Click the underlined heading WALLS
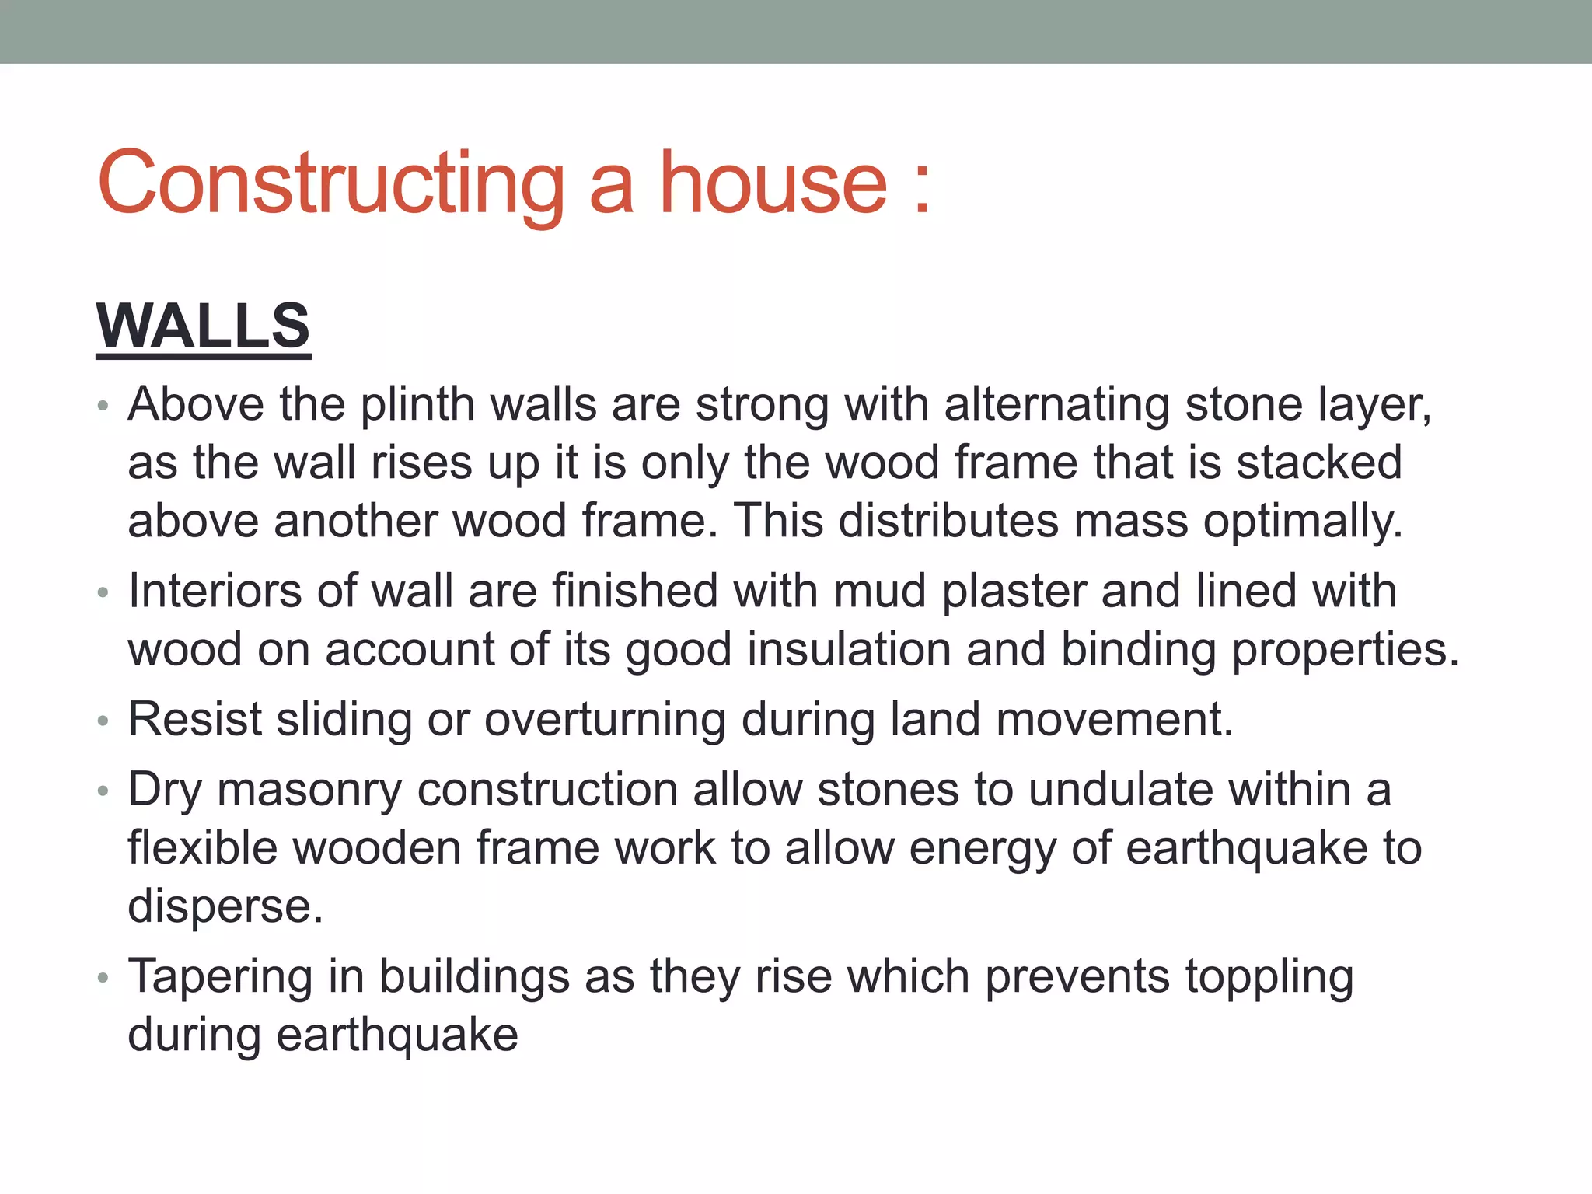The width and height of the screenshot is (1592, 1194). (203, 326)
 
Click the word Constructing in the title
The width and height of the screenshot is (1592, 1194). (330, 184)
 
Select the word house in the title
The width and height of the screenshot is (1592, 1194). (773, 184)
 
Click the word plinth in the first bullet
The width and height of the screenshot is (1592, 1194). (417, 405)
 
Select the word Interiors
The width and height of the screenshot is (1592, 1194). (215, 591)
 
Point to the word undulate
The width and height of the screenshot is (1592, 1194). (1120, 790)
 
